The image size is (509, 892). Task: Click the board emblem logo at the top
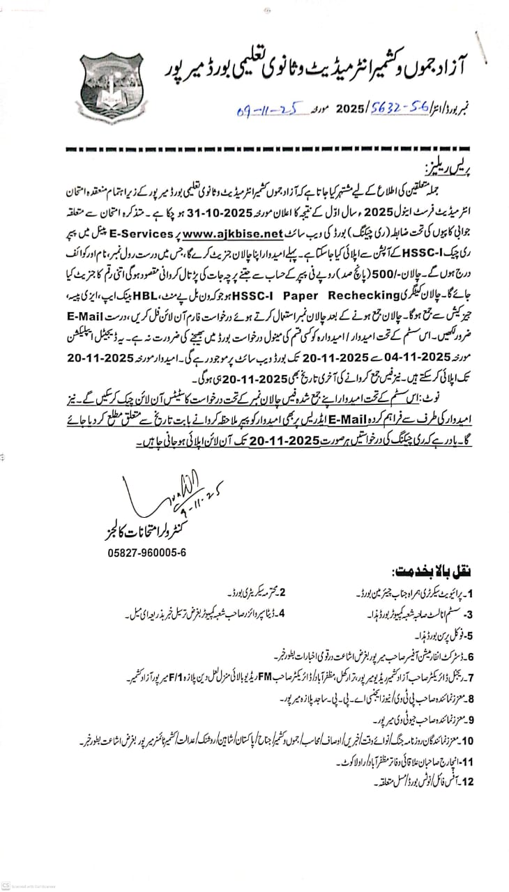(x=112, y=89)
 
